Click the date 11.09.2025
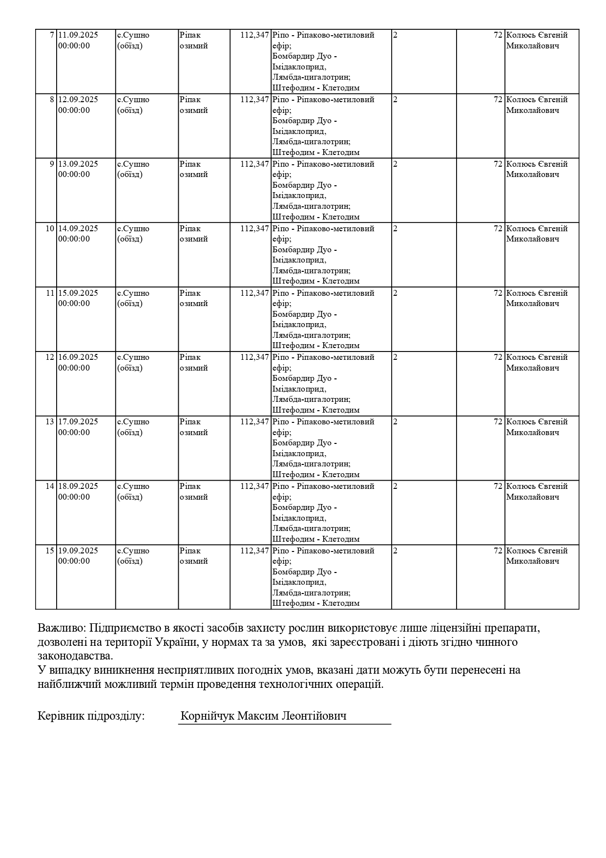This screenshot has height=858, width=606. [x=78, y=35]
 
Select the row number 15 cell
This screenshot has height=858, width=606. [x=50, y=550]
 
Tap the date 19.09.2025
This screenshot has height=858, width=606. [x=78, y=550]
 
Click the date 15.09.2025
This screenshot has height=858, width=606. [x=78, y=293]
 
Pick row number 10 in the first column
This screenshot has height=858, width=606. [x=50, y=229]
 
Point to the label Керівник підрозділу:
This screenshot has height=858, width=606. [x=91, y=716]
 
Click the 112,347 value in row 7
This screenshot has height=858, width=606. [x=254, y=35]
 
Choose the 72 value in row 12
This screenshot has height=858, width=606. [x=498, y=357]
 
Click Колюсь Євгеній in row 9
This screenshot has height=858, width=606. [x=537, y=164]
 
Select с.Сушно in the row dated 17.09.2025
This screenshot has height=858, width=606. [x=133, y=422]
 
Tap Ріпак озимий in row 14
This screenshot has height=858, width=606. [x=193, y=491]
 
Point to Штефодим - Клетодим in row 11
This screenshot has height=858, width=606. [x=315, y=346]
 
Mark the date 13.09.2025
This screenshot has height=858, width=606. [x=78, y=164]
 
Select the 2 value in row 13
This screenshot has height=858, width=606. [x=396, y=422]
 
